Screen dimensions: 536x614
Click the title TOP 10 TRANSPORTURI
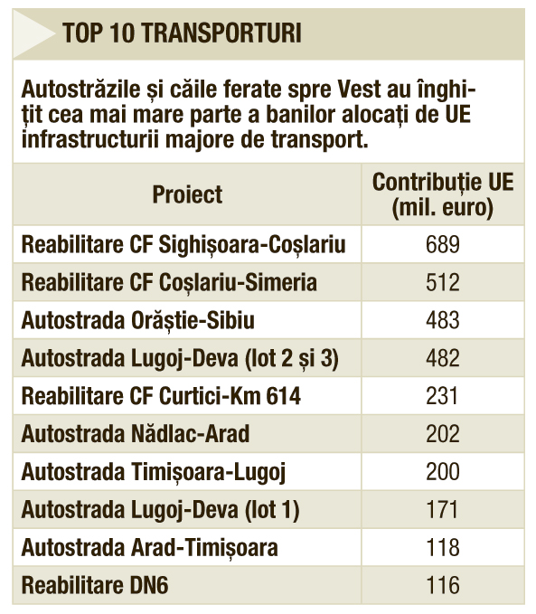182,33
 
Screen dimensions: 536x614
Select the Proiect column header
187,194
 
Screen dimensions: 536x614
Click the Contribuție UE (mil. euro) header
442,194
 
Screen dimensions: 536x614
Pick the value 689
443,244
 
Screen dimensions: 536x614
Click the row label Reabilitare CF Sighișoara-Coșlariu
183,245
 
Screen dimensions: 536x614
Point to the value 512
443,282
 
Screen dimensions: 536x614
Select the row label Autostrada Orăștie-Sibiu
137,320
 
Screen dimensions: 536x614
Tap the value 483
443,320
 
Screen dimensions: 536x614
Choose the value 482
443,358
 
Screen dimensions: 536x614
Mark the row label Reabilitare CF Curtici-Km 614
161,396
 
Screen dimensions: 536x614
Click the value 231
442,396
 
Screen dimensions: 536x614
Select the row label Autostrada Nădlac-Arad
135,434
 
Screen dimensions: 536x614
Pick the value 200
443,471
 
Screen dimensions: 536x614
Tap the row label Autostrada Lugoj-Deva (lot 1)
161,510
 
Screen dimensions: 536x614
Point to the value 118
443,547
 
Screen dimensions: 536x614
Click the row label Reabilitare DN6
95,585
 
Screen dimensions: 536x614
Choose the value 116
443,585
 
